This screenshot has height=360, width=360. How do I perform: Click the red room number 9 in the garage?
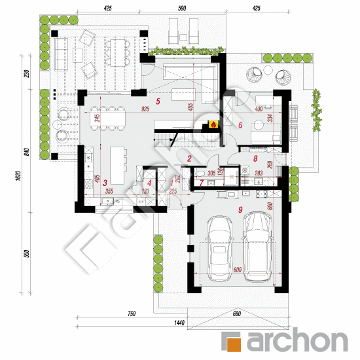point(240,209)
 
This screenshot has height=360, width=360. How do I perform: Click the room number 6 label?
point(240,124)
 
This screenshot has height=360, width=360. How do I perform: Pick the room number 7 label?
point(202,184)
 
